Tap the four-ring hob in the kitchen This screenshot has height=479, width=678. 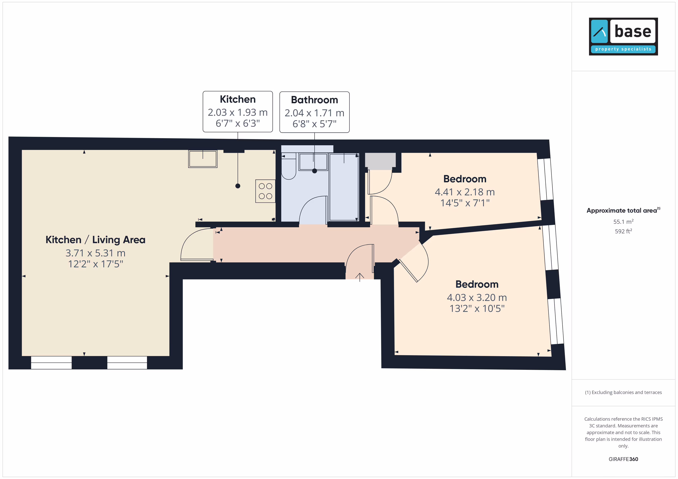pyautogui.click(x=265, y=191)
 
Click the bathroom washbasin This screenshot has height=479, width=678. pyautogui.click(x=313, y=162)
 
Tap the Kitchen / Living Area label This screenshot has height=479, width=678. pyautogui.click(x=95, y=240)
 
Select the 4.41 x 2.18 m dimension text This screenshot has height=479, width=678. pyautogui.click(x=465, y=192)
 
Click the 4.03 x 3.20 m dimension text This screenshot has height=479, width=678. pyautogui.click(x=477, y=297)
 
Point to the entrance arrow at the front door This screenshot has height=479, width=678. pyautogui.click(x=360, y=277)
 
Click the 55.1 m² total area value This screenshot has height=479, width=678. pyautogui.click(x=623, y=221)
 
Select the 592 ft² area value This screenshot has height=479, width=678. pyautogui.click(x=623, y=231)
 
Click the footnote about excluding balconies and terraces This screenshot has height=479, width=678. pyautogui.click(x=623, y=392)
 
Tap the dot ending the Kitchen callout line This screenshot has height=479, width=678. pyautogui.click(x=238, y=186)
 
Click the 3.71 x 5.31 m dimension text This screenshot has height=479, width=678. pyautogui.click(x=95, y=253)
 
